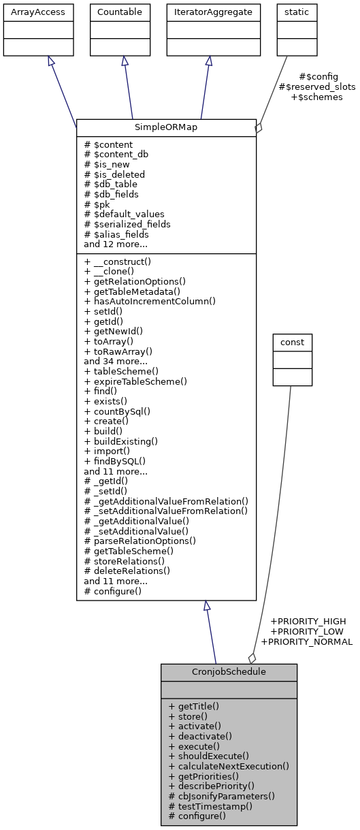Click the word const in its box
[x=292, y=342]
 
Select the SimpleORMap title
[x=166, y=128]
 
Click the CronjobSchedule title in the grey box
[x=229, y=672]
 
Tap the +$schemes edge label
[x=316, y=97]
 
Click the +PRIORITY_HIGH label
[x=308, y=621]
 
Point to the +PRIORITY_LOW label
[x=308, y=631]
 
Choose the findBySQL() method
[x=115, y=461]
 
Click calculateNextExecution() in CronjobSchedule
[x=229, y=765]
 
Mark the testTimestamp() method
[x=210, y=805]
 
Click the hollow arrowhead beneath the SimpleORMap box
[x=207, y=606]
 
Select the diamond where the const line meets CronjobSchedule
[x=252, y=658]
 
